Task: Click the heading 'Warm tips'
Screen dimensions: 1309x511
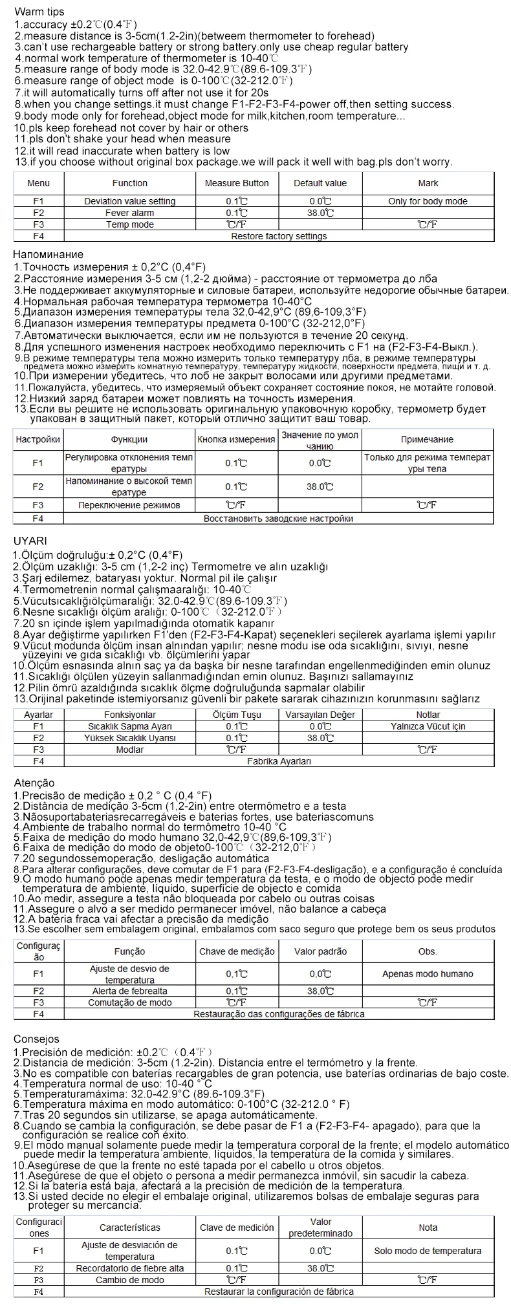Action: pyautogui.click(x=38, y=12)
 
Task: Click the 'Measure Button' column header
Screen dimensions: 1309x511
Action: pyautogui.click(x=237, y=183)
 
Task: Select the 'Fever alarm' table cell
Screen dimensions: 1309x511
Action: pyautogui.click(x=129, y=213)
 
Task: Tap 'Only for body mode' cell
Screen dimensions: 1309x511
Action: pyautogui.click(x=428, y=201)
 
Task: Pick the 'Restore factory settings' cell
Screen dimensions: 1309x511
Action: pyautogui.click(x=279, y=236)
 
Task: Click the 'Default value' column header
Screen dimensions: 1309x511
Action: pyautogui.click(x=320, y=183)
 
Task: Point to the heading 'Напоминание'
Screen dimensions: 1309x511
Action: pyautogui.click(x=49, y=254)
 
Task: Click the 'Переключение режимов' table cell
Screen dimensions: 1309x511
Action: pyautogui.click(x=129, y=504)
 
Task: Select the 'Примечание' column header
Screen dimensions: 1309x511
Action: pyautogui.click(x=427, y=439)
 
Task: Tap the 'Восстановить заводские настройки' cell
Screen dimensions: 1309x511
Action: pyautogui.click(x=279, y=518)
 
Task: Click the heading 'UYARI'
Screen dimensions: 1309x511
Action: pyautogui.click(x=30, y=541)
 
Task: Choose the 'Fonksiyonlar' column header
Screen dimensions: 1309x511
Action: pyautogui.click(x=129, y=715)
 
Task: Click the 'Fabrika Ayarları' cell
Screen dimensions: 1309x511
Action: pyautogui.click(x=279, y=761)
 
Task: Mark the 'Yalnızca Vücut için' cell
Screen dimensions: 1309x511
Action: pyautogui.click(x=428, y=726)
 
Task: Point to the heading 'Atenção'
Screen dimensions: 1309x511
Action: pyautogui.click(x=34, y=783)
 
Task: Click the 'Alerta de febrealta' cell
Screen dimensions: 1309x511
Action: pyautogui.click(x=129, y=991)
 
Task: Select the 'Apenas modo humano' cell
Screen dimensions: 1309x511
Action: pyautogui.click(x=428, y=973)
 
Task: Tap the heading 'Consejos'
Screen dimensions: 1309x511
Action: pyautogui.click(x=36, y=1039)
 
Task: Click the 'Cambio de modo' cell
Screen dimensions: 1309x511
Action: pyautogui.click(x=129, y=1280)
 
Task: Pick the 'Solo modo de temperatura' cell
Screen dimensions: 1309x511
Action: pyautogui.click(x=428, y=1251)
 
